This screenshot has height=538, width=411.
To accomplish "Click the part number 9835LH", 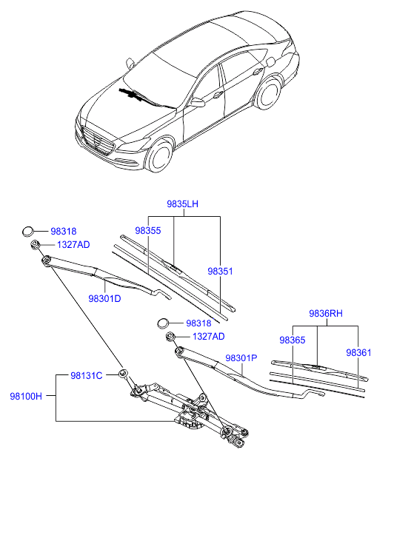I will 181,204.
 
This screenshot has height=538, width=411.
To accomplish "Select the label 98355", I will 147,231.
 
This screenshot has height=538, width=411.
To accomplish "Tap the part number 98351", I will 220,272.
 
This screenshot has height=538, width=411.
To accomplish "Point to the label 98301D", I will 104,299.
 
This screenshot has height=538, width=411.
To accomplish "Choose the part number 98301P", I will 241,357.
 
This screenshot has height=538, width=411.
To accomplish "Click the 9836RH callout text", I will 327,314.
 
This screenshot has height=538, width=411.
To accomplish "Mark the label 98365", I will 292,340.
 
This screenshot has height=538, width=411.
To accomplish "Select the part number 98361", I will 359,352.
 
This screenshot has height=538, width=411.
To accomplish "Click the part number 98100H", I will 27,397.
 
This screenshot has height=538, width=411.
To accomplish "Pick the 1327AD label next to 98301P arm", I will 208,336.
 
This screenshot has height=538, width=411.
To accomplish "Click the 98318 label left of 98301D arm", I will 64,231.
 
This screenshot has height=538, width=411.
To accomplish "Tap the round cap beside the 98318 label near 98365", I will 165,323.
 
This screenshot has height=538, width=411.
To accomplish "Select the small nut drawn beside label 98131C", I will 123,373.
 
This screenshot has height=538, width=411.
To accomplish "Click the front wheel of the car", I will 159,157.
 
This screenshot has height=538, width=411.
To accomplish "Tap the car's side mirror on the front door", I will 197,103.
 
